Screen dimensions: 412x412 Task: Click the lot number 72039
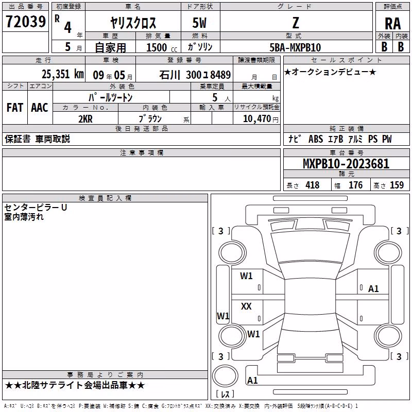26,22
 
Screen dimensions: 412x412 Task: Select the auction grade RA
393,24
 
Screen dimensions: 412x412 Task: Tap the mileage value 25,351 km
63,74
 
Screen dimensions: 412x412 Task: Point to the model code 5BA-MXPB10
295,47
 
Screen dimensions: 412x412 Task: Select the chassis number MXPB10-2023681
346,164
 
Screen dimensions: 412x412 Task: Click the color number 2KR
85,119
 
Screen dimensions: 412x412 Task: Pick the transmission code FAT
15,108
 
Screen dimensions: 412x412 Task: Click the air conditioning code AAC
40,108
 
